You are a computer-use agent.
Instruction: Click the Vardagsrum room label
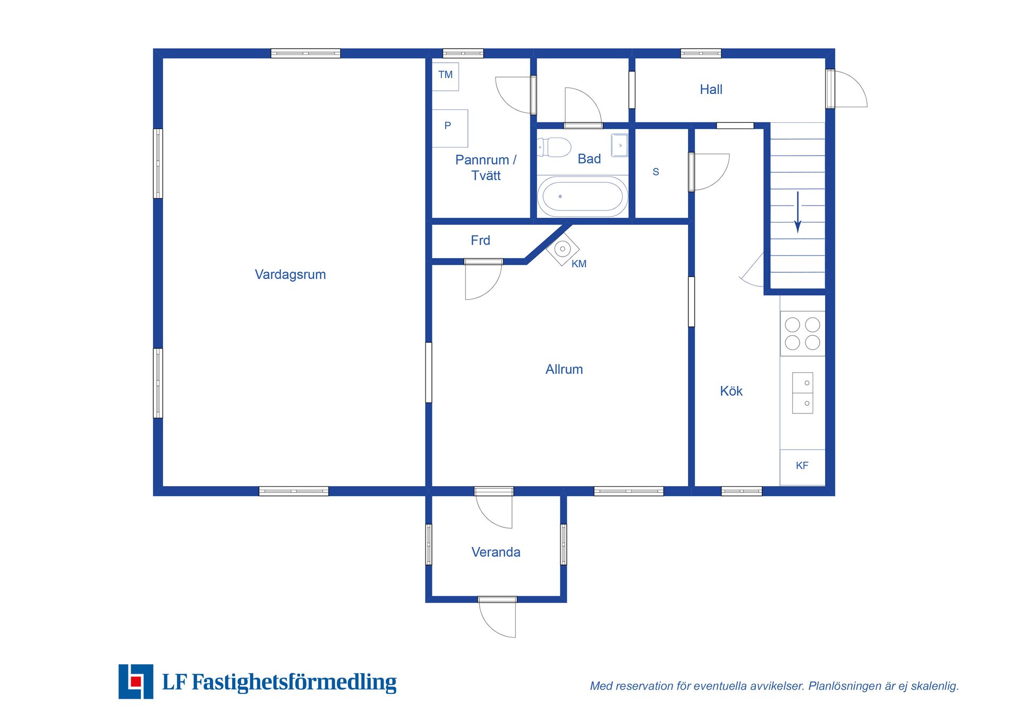click(290, 275)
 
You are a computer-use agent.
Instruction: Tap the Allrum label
click(564, 369)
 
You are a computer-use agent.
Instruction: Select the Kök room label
click(731, 391)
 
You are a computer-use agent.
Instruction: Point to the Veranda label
click(496, 552)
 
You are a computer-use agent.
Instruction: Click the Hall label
click(711, 89)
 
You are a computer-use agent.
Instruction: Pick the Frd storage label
click(480, 240)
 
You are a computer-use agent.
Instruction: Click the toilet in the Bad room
click(554, 147)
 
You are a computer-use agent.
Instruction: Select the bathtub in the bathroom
click(582, 196)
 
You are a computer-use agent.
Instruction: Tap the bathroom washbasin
click(619, 145)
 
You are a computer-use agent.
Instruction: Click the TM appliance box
click(445, 77)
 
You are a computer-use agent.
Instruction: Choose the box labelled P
click(450, 128)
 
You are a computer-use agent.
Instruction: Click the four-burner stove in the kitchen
click(802, 333)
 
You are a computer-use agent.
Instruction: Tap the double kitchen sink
click(802, 393)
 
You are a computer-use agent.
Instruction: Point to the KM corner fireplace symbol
click(563, 249)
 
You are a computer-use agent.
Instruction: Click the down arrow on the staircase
click(797, 212)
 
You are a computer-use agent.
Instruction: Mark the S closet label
click(656, 172)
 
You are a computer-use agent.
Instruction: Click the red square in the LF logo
click(136, 681)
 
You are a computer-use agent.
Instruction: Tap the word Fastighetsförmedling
click(294, 682)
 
